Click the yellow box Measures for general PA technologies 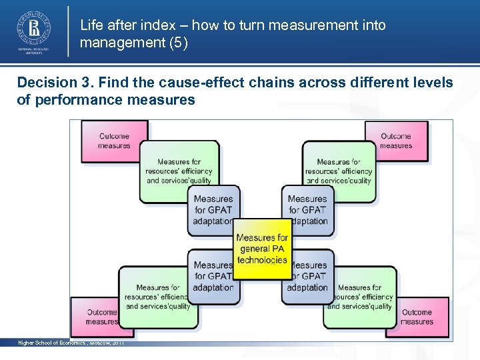pyautogui.click(x=262, y=248)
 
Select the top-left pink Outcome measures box pyautogui.click(x=113, y=141)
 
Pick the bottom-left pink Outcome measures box pyautogui.click(x=100, y=317)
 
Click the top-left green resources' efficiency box pyautogui.click(x=178, y=171)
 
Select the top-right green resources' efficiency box pyautogui.click(x=339, y=171)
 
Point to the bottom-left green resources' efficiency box pyautogui.click(x=157, y=297)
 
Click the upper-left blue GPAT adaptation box pyautogui.click(x=213, y=209)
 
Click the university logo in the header pyautogui.click(x=33, y=31)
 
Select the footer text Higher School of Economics pyautogui.click(x=56, y=343)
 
